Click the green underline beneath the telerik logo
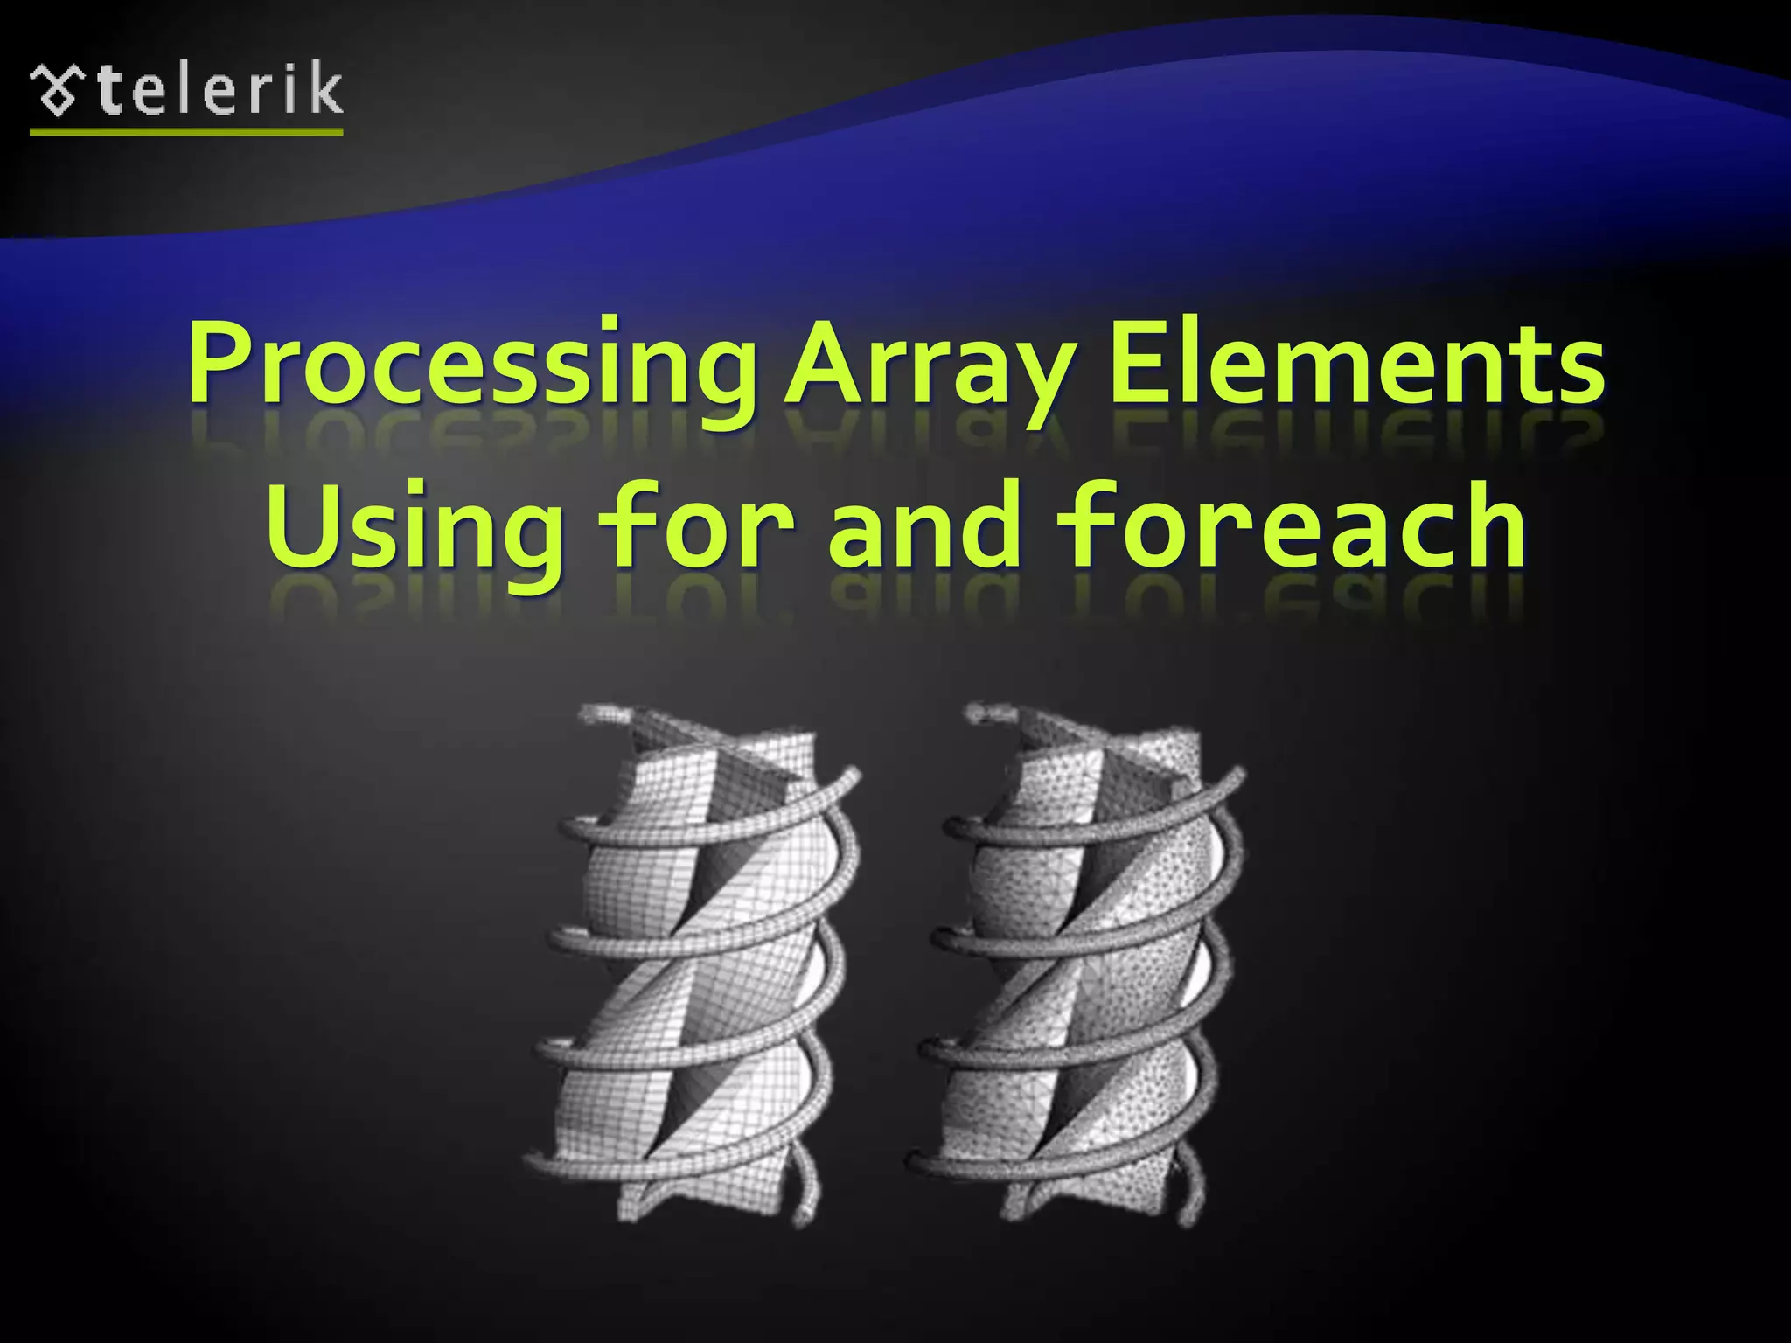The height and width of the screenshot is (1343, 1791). point(186,132)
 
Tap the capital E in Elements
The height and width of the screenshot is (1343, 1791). point(1142,363)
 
